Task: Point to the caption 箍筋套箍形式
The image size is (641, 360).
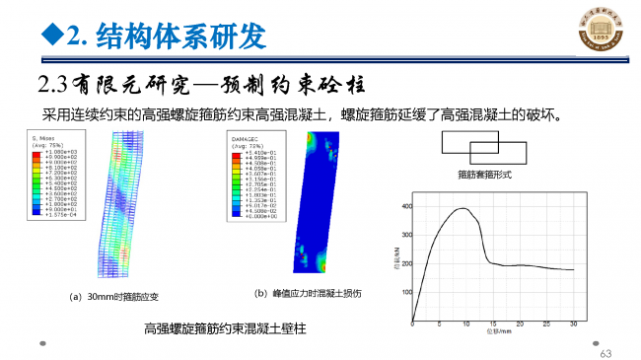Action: (x=484, y=175)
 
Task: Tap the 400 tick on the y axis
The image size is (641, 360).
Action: (x=405, y=206)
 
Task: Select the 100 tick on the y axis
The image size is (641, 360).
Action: (x=405, y=293)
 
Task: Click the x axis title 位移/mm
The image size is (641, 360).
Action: (x=492, y=334)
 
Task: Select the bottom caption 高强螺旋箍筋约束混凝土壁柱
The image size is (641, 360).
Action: (x=226, y=328)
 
